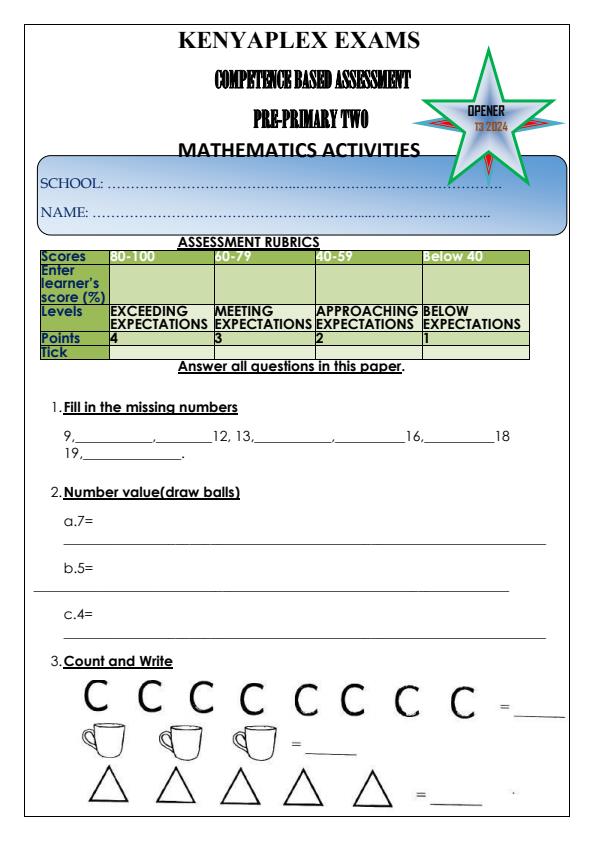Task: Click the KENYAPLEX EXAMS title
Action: pos(297,41)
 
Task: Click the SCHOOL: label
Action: pos(71,183)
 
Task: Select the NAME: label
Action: pos(64,212)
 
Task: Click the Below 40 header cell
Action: pos(453,256)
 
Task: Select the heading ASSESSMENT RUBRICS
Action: pos(248,242)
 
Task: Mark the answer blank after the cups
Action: pos(330,752)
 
